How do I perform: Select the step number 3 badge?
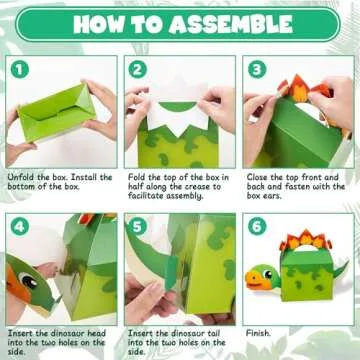click(257, 70)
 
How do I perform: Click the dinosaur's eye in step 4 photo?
click(26, 282)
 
